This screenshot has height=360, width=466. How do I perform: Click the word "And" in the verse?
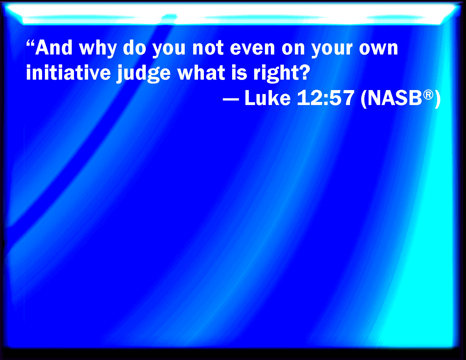(54, 48)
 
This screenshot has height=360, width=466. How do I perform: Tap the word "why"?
(98, 49)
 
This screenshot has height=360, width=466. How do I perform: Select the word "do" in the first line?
(134, 48)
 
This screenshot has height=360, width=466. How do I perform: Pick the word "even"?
(252, 49)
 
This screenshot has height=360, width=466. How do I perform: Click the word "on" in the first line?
(293, 49)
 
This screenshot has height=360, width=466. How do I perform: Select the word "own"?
(378, 49)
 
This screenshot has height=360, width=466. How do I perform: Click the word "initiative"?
(68, 72)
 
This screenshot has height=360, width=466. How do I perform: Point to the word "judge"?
(143, 73)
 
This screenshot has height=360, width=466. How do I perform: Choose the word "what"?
(201, 72)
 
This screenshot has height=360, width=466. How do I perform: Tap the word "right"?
(275, 73)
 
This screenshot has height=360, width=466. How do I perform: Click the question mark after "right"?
(304, 72)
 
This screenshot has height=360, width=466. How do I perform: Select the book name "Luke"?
(268, 97)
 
